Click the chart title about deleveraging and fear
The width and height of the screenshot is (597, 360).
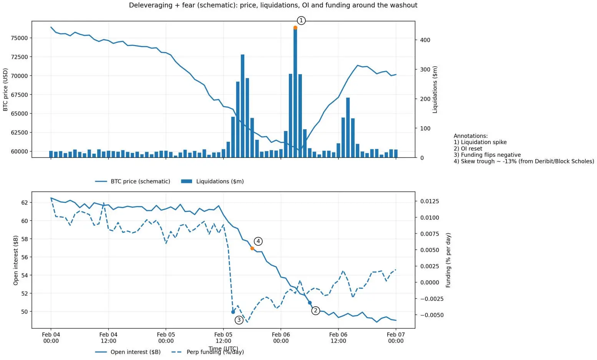273,5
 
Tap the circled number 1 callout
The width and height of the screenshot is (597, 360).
301,20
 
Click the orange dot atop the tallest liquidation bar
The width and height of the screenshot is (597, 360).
295,28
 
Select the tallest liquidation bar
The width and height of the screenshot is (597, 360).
295,92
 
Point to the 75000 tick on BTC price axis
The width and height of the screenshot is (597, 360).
19,38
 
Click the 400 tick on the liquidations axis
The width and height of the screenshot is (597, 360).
425,40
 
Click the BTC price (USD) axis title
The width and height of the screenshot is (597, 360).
5,90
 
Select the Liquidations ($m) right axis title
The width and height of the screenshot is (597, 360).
435,90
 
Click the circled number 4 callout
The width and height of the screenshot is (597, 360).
258,241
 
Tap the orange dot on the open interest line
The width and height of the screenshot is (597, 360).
252,248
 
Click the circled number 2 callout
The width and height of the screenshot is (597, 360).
315,310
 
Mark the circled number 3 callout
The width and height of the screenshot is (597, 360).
239,320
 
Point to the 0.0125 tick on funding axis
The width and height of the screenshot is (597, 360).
430,201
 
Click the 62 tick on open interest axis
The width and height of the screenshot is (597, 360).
24,202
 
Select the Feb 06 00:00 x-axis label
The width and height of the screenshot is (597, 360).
281,338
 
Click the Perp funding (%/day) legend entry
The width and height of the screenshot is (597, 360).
215,352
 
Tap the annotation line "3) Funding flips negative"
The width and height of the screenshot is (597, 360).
487,155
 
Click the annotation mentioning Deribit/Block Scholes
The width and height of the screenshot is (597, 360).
524,161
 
